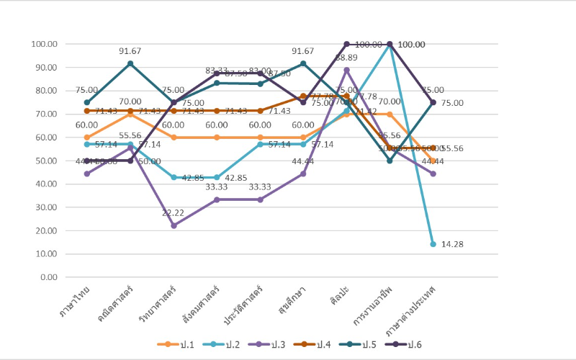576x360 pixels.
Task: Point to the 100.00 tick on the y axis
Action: (x=45, y=44)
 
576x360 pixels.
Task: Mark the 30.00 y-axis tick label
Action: (x=47, y=207)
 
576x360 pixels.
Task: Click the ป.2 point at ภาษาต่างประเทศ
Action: (x=433, y=244)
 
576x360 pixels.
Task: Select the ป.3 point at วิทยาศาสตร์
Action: (x=174, y=225)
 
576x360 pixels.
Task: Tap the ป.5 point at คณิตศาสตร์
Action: (x=130, y=63)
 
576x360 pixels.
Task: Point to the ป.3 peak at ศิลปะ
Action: (x=346, y=70)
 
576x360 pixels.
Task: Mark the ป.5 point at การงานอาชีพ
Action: (x=390, y=161)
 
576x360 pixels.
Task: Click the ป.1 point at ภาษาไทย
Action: (x=87, y=137)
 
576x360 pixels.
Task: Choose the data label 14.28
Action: (x=452, y=244)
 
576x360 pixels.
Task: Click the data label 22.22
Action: (x=174, y=214)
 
